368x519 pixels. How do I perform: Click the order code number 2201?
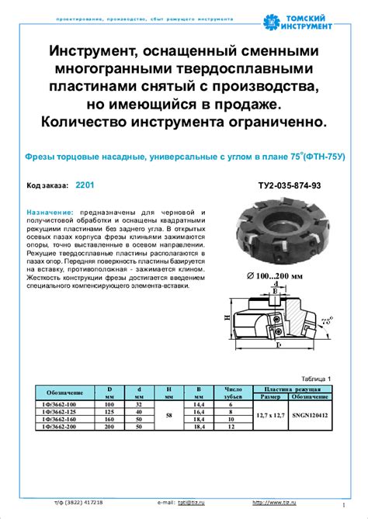[x=85, y=186]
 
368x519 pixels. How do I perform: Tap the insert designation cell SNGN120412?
[x=311, y=415]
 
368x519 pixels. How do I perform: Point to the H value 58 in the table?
[x=169, y=415]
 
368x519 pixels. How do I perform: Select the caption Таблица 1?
[x=317, y=379]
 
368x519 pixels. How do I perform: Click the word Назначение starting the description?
[x=50, y=212]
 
